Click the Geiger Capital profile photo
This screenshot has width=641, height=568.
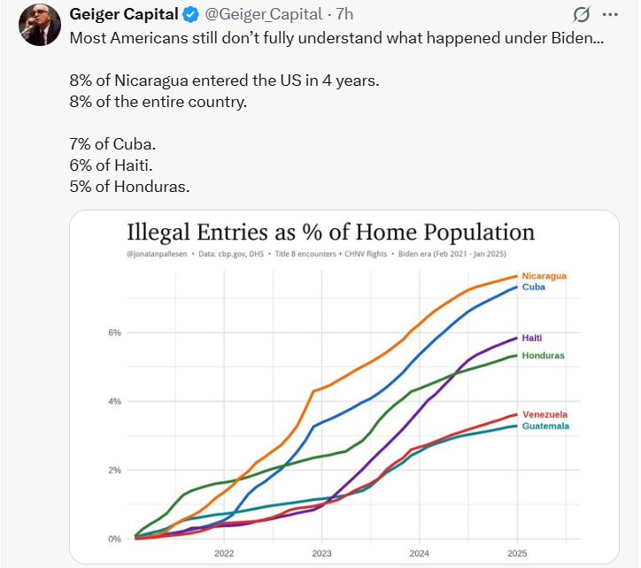coord(35,24)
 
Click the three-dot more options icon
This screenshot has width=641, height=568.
coord(610,15)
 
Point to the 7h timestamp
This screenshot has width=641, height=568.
coord(344,15)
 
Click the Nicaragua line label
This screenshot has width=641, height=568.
coord(544,276)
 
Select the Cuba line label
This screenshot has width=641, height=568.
coord(534,288)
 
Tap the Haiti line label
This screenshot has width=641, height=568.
coord(532,338)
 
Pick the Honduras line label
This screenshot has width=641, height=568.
coord(544,356)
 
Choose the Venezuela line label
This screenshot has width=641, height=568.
coord(545,414)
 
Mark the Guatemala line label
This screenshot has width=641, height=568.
coord(545,426)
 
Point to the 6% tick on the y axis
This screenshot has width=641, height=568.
coord(114,333)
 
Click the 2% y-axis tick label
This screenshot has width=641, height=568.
coord(114,470)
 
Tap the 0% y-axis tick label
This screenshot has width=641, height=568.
coord(114,539)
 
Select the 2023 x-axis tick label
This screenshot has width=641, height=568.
coord(321,553)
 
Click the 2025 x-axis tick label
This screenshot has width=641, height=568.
coord(518,553)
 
